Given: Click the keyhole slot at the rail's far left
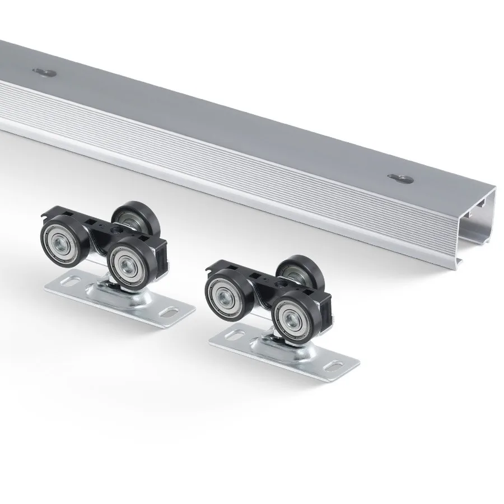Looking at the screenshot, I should pyautogui.click(x=42, y=71).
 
